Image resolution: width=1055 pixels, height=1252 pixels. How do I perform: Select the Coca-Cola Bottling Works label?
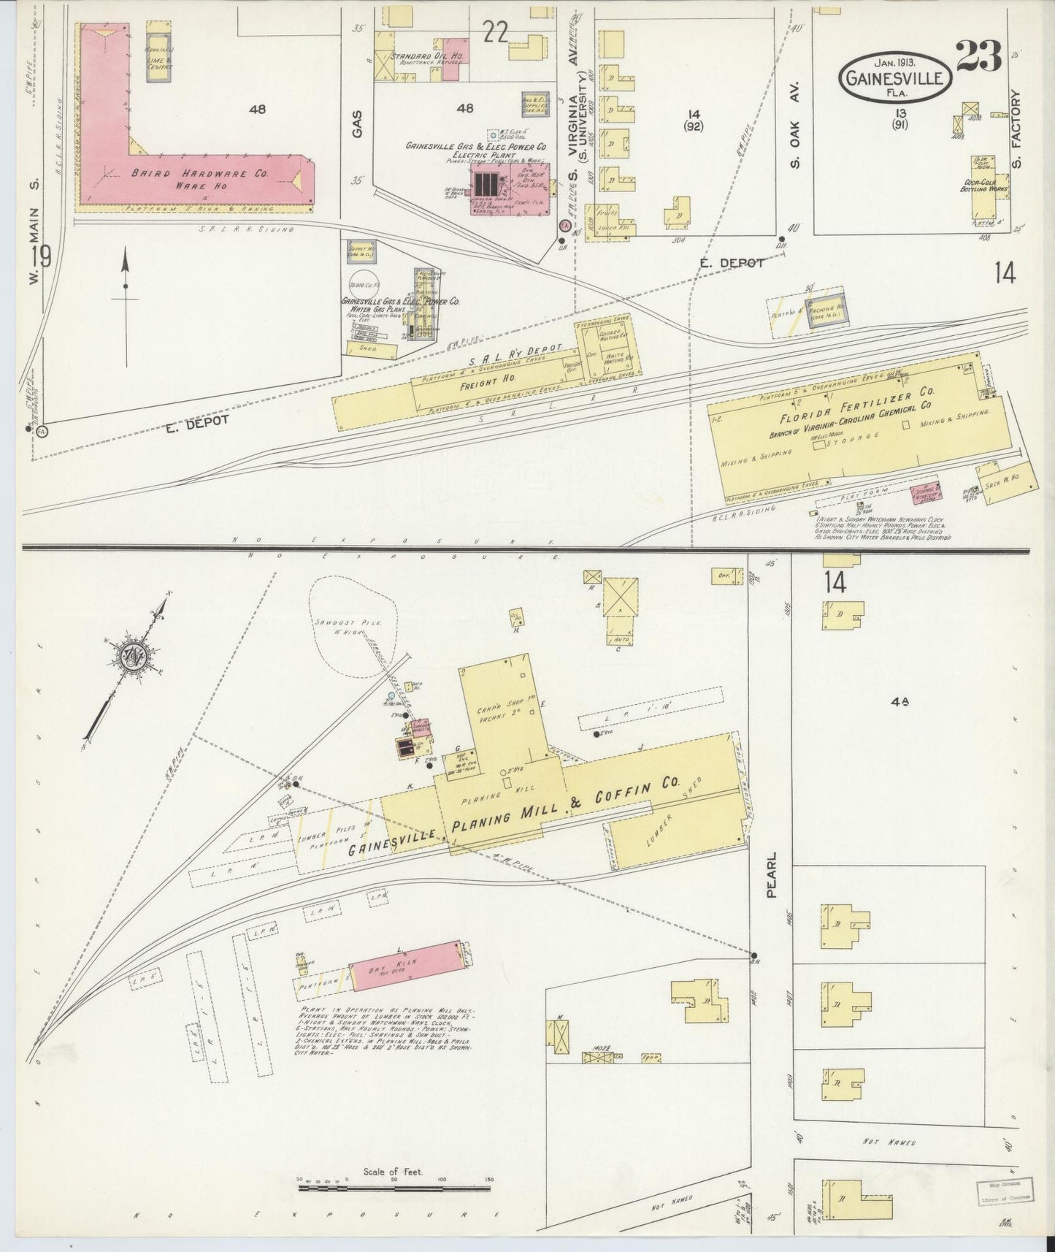click(984, 186)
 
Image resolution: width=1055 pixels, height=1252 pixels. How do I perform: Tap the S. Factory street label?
click(1019, 127)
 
